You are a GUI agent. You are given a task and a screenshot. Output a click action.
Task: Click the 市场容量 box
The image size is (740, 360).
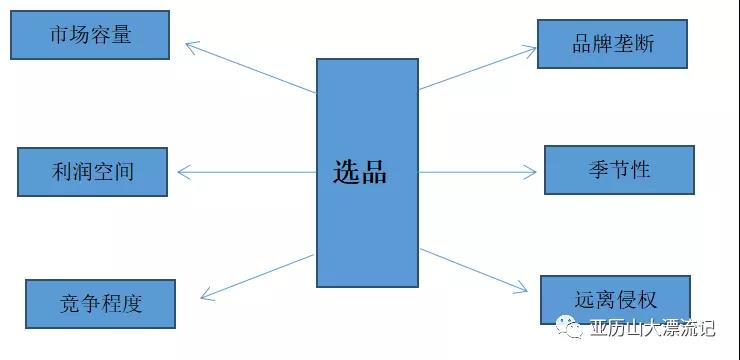pos(89,35)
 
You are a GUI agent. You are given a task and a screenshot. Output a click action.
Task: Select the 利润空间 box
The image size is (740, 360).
pos(90,171)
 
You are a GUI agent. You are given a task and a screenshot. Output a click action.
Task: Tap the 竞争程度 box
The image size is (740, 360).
pos(100,303)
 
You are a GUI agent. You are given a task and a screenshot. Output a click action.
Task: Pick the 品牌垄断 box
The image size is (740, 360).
pos(612,44)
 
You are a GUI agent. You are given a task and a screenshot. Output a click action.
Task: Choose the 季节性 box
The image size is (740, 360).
pos(619,170)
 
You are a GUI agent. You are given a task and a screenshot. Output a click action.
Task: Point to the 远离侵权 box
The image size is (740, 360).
pos(615,299)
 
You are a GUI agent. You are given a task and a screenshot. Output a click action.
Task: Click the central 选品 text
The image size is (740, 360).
pos(360,171)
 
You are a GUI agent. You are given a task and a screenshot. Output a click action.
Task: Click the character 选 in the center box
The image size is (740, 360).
pos(346,171)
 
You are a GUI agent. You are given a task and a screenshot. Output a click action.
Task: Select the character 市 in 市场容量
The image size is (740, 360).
pos(60,35)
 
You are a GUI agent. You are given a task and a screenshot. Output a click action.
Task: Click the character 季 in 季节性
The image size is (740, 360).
pos(600,170)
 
